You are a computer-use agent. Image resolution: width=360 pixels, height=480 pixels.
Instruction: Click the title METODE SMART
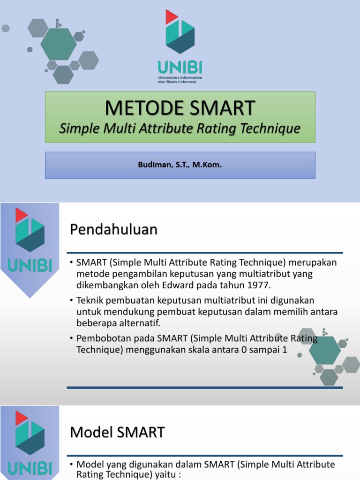click(x=180, y=108)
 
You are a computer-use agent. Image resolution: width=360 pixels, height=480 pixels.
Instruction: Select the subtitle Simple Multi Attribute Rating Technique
click(x=180, y=128)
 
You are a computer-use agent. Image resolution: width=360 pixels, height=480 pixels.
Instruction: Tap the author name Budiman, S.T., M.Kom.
click(x=180, y=165)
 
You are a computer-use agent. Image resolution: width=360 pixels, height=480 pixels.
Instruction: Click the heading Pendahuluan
click(x=114, y=229)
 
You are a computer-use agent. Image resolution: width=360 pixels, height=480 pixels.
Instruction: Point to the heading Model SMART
click(x=117, y=432)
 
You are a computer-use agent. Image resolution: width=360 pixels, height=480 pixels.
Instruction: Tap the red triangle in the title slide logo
click(x=172, y=16)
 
